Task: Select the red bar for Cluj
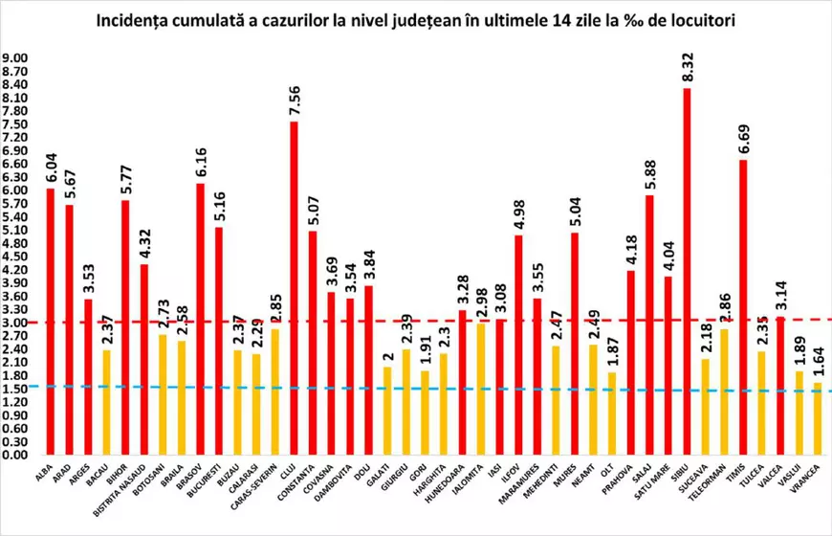click(x=294, y=287)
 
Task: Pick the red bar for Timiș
click(x=742, y=306)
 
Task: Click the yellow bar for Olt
click(x=612, y=413)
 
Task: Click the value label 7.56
click(x=294, y=99)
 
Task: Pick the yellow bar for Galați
click(x=387, y=411)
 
